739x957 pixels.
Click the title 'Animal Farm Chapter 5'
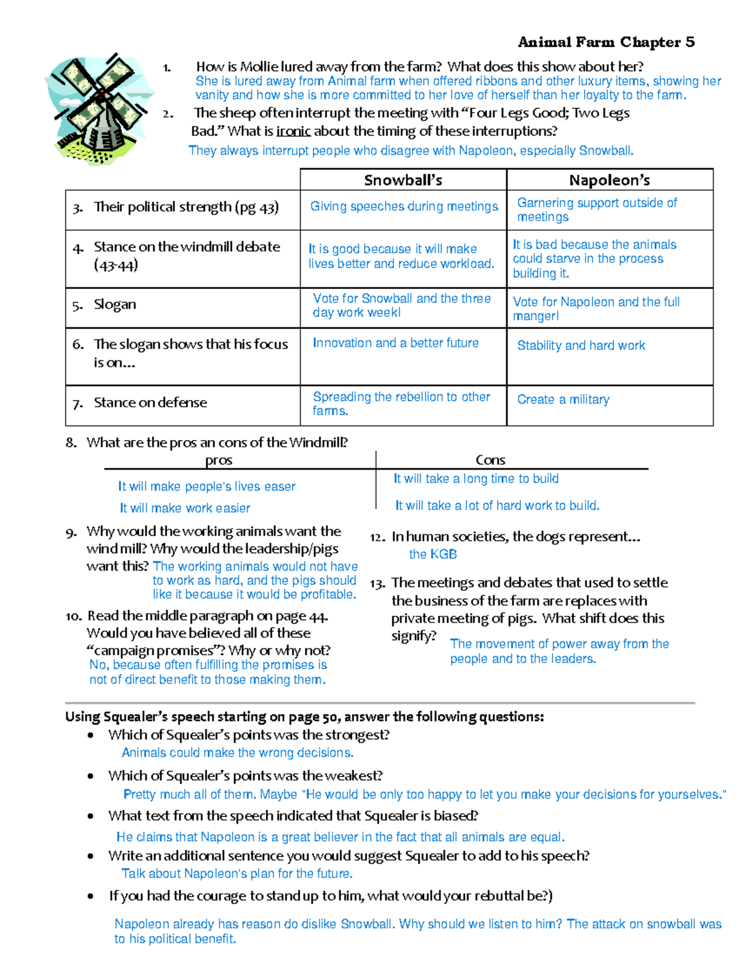[x=606, y=42]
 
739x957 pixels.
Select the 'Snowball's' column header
[x=403, y=180]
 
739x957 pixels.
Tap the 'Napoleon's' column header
[x=609, y=180]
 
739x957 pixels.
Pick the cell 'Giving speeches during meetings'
[x=404, y=206]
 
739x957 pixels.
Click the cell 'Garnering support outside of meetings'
[x=597, y=210]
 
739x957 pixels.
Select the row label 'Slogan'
[x=115, y=304]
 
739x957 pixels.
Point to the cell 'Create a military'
[x=563, y=399]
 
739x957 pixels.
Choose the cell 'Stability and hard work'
[x=581, y=346]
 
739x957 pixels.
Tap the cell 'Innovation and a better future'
[x=395, y=343]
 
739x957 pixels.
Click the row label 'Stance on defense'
[x=150, y=402]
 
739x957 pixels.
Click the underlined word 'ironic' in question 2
[x=293, y=131]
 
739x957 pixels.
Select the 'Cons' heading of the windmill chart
[x=490, y=460]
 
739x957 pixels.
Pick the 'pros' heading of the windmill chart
[x=219, y=460]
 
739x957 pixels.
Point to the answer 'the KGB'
[x=433, y=554]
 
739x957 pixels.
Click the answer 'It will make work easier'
[x=185, y=508]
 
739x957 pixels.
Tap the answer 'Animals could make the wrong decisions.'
[x=237, y=752]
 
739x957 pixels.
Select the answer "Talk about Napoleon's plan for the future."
[x=237, y=873]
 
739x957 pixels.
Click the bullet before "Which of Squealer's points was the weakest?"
[x=91, y=776]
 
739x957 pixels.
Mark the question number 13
[x=378, y=584]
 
